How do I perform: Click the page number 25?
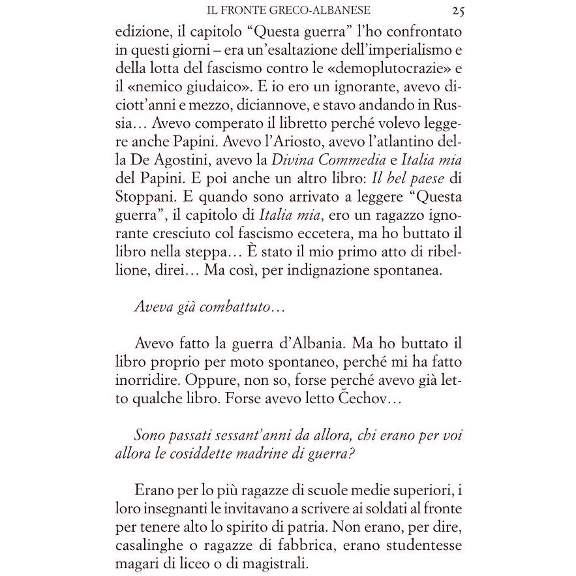pos(457,10)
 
